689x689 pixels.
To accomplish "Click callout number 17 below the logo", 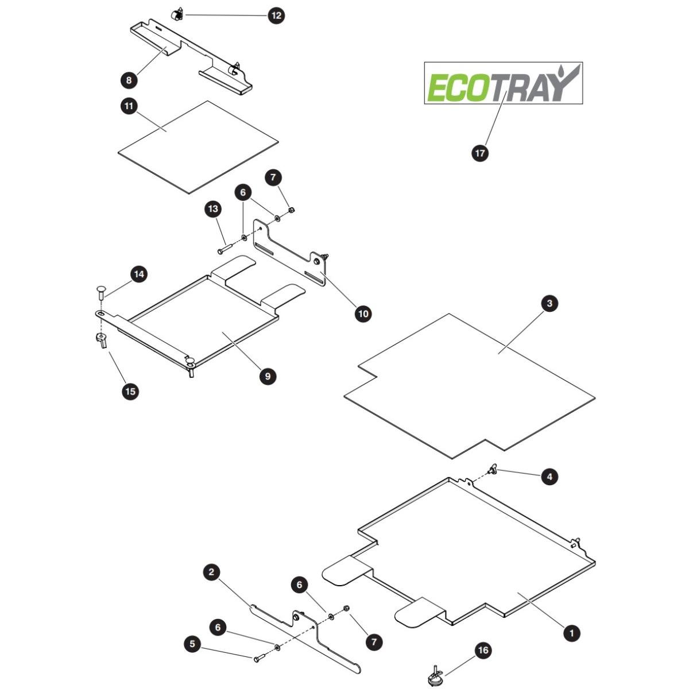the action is coord(479,153).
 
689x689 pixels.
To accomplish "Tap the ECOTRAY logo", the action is coord(503,83).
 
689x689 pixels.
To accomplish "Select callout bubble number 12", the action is coord(276,16).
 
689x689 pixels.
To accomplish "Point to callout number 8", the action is coord(129,79).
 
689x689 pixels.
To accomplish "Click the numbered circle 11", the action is coord(129,106).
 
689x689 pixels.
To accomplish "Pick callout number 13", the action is coord(213,208).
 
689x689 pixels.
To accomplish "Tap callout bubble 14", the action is coord(139,274).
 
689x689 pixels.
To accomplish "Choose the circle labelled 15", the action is coord(130,391).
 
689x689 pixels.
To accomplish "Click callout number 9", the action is coord(268,376).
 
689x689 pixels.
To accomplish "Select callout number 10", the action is coord(363,313).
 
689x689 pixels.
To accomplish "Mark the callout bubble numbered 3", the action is coord(549,303).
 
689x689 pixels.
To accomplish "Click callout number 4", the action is coord(549,476).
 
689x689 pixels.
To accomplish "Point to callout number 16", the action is coord(483,650).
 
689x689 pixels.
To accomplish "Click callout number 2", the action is coord(211,582).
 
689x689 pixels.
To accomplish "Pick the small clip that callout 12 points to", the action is coord(177,16).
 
